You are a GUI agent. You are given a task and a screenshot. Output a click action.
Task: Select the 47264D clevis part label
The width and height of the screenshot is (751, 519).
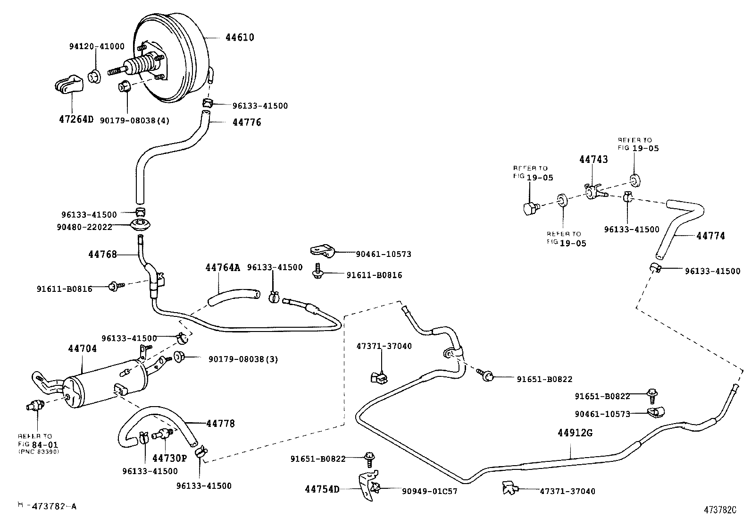tap(76, 119)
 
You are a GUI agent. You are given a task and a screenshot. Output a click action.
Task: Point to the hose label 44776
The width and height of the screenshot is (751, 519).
tap(247, 122)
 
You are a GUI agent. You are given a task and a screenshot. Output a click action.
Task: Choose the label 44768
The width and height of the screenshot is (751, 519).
tap(102, 255)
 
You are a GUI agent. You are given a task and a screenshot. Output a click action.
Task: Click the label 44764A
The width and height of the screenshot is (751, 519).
tap(223, 268)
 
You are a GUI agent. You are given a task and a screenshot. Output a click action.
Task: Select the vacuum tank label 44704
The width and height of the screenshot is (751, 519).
tap(82, 349)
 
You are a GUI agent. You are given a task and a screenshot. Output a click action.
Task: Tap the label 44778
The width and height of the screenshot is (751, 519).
tap(220, 424)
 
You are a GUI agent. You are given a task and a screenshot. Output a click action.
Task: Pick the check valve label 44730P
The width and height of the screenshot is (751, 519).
tap(169, 458)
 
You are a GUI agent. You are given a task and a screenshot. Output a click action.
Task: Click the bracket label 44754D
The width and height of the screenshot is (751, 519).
tap(322, 489)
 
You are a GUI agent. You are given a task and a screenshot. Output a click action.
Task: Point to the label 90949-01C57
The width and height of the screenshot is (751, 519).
tap(429, 491)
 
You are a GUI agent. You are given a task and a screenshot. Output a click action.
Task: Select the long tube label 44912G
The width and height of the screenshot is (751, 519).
tap(575, 433)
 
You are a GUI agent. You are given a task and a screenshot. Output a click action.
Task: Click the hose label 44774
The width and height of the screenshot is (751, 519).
tap(710, 236)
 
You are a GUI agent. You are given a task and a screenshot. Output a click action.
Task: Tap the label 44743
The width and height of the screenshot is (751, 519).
tap(593, 159)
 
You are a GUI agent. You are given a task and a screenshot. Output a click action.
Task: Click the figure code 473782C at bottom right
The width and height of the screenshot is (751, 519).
tap(720, 510)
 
